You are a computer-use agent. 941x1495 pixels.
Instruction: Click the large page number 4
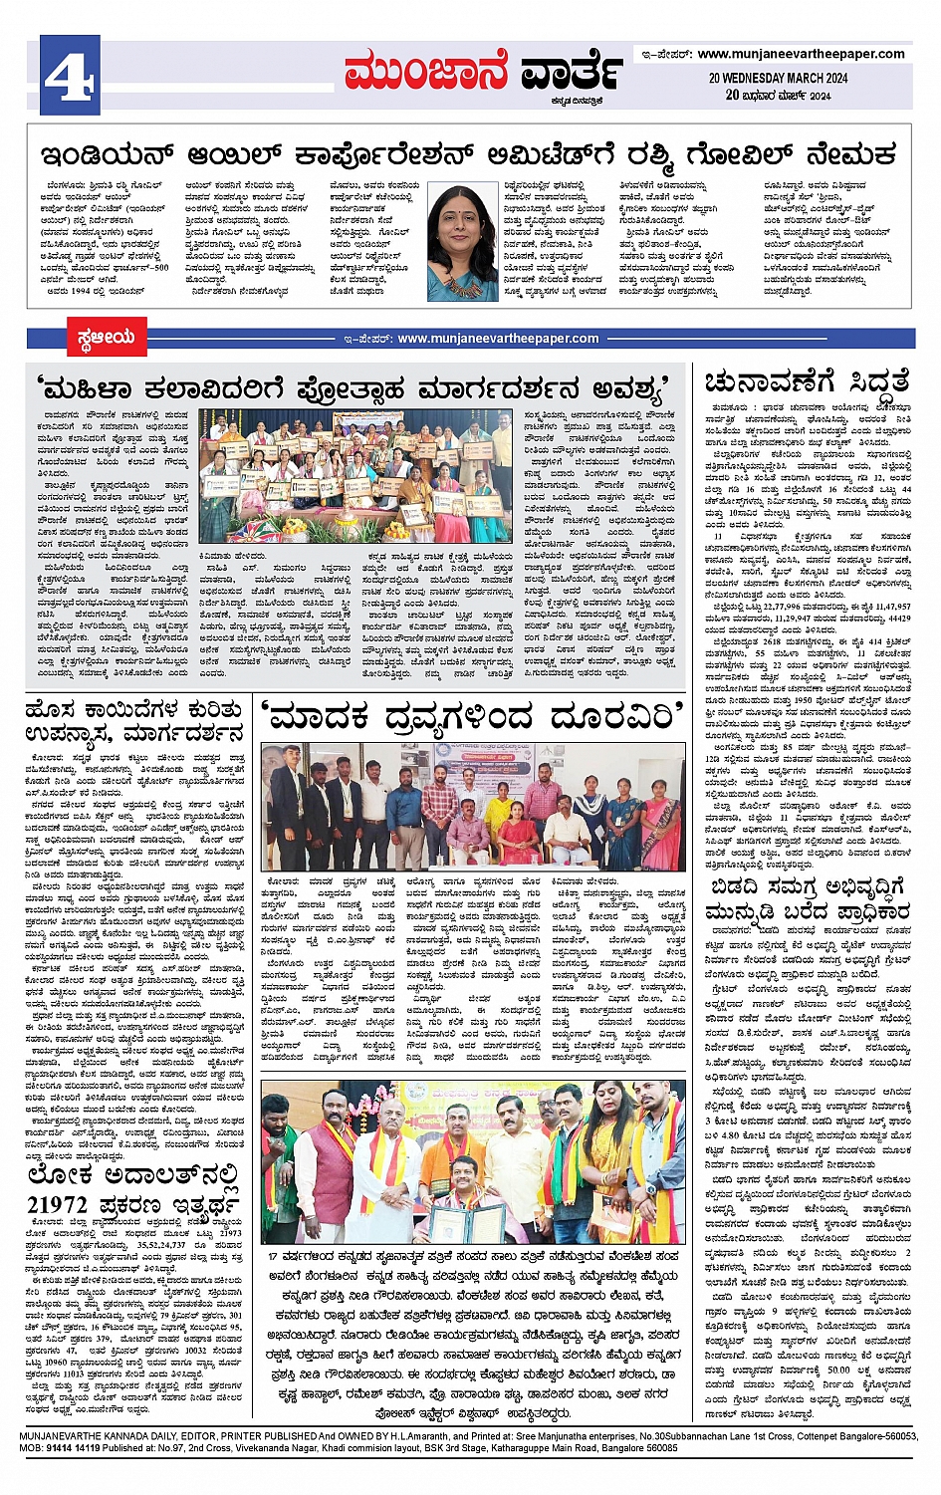[x=69, y=75]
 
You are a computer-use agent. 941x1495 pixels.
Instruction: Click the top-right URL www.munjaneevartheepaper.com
[x=801, y=54]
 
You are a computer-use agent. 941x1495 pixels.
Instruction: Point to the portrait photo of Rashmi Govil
[x=462, y=241]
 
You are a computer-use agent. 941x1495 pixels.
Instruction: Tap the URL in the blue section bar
[x=498, y=339]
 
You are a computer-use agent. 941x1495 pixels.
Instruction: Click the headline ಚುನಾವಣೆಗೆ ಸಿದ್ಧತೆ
[x=807, y=382]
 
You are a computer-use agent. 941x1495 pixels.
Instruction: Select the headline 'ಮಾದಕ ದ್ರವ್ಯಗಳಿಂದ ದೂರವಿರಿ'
[x=473, y=714]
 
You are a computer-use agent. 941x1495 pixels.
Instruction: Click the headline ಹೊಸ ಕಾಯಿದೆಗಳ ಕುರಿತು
[x=133, y=709]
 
